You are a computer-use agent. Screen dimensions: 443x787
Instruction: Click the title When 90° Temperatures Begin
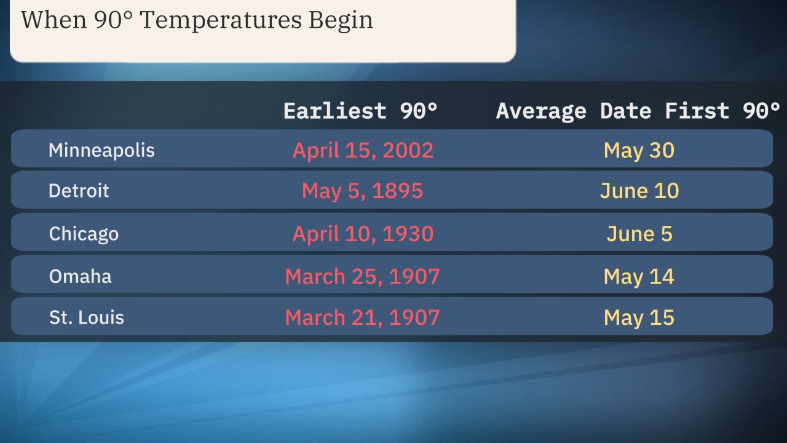(x=197, y=20)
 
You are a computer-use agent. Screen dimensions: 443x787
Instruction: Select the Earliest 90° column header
(x=361, y=111)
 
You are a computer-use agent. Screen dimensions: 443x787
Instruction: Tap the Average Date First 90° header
(x=638, y=111)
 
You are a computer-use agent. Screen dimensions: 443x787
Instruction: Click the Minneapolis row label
(x=101, y=150)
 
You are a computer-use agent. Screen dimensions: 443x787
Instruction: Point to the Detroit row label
(x=79, y=191)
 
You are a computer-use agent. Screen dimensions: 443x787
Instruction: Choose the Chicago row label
(x=84, y=234)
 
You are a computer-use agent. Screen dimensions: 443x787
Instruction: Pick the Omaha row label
(x=80, y=276)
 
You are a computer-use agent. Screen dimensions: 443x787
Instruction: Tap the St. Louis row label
(x=87, y=317)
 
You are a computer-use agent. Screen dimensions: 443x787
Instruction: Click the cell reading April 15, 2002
(x=363, y=150)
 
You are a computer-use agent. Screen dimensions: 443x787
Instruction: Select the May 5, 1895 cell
(x=362, y=191)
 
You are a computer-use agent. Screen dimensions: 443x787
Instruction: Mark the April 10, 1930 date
(x=363, y=234)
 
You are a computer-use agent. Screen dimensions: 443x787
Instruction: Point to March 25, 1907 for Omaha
(x=362, y=276)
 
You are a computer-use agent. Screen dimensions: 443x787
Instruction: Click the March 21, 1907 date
(x=362, y=317)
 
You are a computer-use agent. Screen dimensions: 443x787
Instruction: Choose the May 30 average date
(x=639, y=150)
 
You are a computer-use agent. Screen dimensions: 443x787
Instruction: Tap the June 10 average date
(x=639, y=191)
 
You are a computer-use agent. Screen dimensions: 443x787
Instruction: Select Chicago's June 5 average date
(x=639, y=234)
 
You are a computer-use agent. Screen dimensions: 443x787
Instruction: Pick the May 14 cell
(x=639, y=276)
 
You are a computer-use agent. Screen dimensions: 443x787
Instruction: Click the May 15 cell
(x=639, y=317)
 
